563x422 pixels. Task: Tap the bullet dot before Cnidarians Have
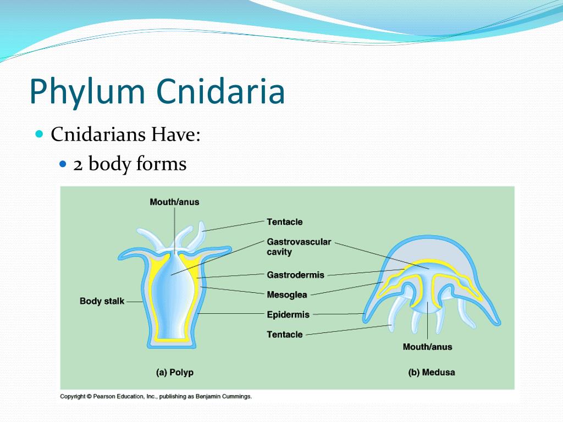[39, 134]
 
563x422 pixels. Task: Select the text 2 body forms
[130, 164]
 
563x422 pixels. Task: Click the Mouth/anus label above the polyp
[174, 202]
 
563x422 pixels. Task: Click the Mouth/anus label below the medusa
[427, 347]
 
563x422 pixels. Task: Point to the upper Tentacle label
[284, 222]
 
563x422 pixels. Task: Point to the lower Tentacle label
[284, 334]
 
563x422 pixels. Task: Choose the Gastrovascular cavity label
[299, 247]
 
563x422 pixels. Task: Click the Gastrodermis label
[295, 275]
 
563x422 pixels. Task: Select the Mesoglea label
[286, 295]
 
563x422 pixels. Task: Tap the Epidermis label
[288, 315]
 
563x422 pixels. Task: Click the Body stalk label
[102, 301]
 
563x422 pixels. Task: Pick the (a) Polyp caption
[174, 373]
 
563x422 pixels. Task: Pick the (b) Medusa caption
[431, 373]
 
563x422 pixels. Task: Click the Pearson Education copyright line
[156, 396]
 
